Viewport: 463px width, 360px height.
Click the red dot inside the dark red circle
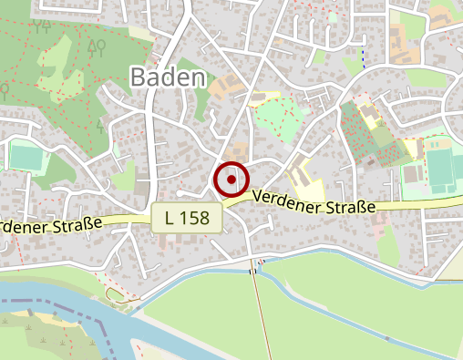click(x=231, y=179)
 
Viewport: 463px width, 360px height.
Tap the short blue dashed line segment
click(x=364, y=57)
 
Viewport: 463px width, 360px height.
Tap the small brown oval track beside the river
click(x=115, y=293)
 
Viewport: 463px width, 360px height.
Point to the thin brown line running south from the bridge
click(x=257, y=310)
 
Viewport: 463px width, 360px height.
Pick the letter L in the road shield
click(x=171, y=219)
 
